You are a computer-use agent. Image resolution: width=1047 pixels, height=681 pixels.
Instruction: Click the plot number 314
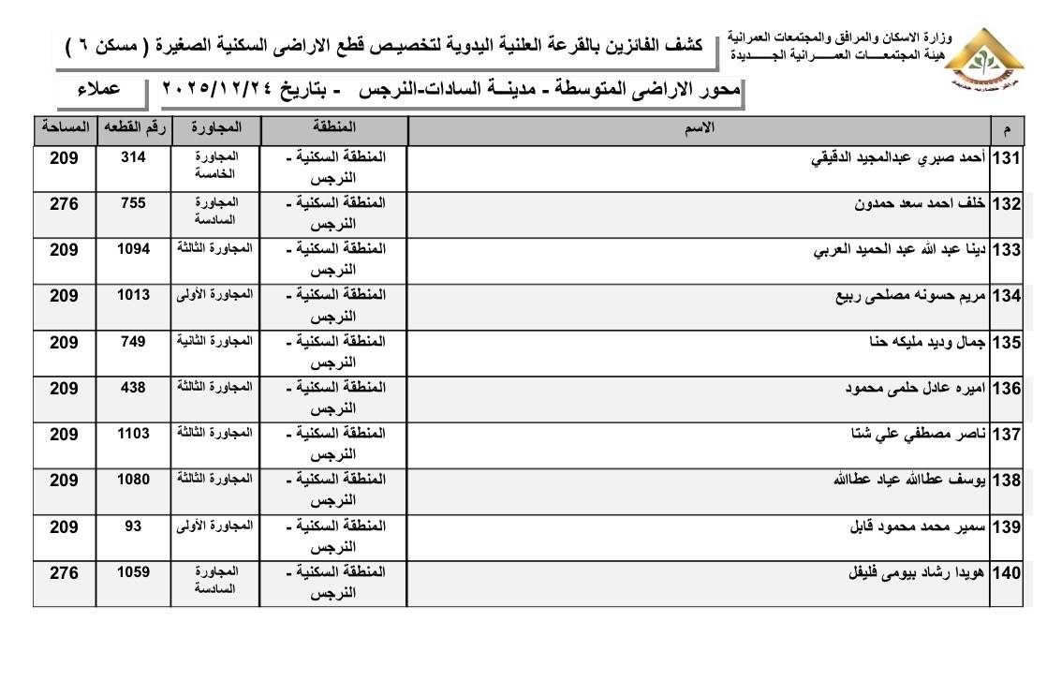point(133,157)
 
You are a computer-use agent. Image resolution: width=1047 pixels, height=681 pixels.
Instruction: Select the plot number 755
point(133,203)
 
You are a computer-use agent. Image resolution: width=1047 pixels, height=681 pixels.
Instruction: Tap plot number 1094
point(133,249)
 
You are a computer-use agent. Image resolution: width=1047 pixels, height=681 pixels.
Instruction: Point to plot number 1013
point(133,295)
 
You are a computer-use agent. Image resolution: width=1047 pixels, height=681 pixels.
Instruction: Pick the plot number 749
point(133,341)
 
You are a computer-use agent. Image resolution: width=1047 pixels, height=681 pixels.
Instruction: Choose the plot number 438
point(133,387)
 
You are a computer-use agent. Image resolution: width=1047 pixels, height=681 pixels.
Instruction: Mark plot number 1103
point(133,433)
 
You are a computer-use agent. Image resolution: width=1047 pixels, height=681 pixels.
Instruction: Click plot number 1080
point(133,479)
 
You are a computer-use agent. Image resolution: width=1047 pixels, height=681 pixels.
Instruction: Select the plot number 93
point(133,526)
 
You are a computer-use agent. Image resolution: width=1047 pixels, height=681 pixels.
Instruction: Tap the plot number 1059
point(133,571)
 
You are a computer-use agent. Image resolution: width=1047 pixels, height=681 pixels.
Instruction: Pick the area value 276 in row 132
point(64,203)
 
